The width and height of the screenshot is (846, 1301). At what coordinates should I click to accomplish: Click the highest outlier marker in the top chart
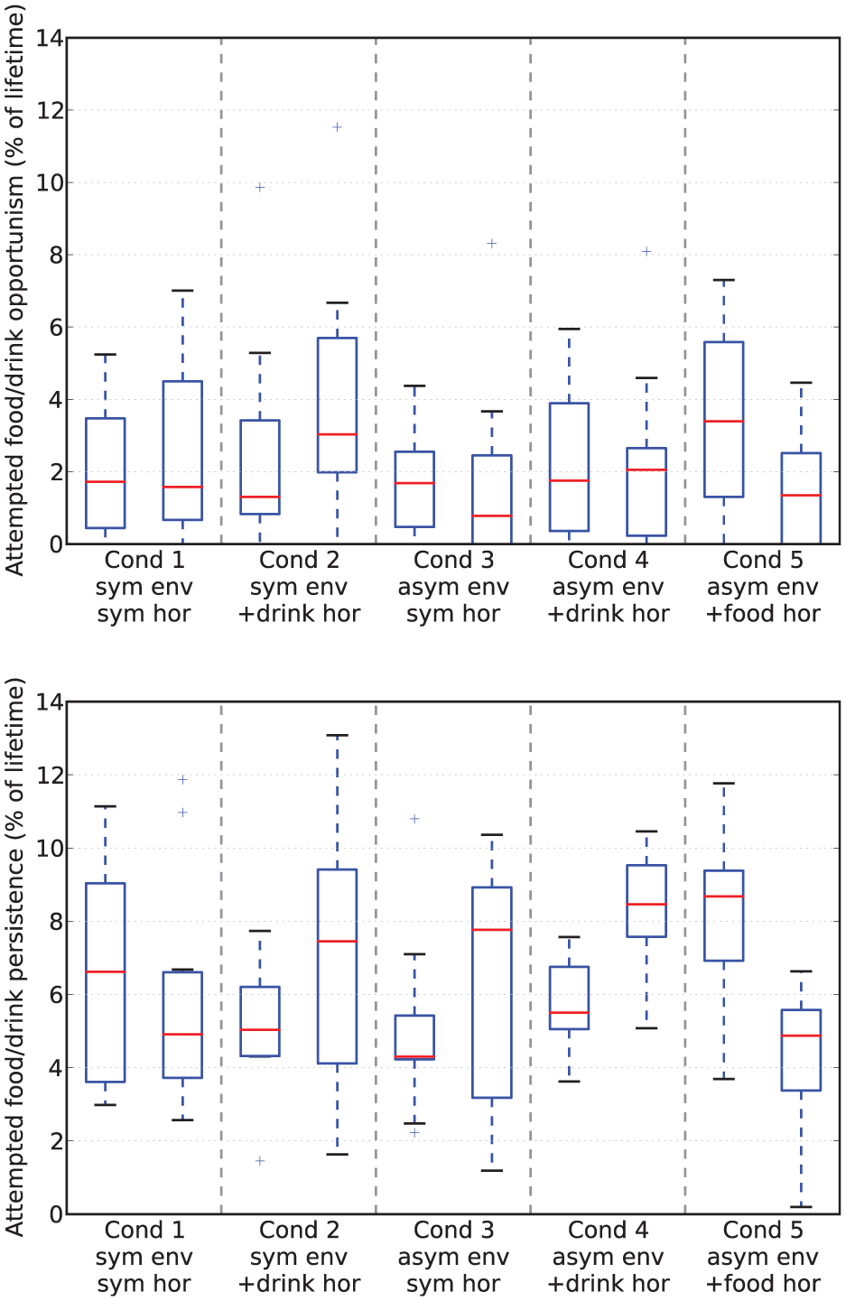click(337, 127)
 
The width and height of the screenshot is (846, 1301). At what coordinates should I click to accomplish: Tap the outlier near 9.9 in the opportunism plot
click(260, 187)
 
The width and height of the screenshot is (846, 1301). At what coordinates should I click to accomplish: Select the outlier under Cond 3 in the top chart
click(492, 244)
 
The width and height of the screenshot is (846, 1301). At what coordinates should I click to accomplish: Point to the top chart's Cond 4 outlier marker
click(646, 252)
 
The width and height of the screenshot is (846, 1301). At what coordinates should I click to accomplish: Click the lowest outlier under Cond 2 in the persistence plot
click(260, 1160)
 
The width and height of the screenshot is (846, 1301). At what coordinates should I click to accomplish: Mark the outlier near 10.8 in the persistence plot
click(414, 819)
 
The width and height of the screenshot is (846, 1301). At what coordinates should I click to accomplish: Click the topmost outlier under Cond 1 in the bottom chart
click(182, 779)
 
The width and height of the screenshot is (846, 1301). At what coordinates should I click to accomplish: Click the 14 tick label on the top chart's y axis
click(49, 38)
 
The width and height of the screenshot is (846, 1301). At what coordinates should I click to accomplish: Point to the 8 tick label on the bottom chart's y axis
click(55, 922)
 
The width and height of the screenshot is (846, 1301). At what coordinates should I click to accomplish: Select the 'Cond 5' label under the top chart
click(762, 560)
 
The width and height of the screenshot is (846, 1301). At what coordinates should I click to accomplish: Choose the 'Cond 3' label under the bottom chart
click(453, 1229)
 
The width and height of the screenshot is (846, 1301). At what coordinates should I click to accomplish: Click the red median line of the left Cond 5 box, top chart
click(723, 421)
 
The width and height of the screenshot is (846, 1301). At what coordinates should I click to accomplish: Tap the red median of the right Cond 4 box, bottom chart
click(646, 905)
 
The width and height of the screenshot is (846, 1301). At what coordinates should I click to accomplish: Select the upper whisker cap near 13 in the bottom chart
click(337, 735)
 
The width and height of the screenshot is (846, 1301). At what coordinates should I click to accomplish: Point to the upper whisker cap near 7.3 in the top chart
click(723, 280)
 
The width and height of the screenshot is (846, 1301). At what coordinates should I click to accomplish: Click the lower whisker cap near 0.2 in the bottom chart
click(801, 1207)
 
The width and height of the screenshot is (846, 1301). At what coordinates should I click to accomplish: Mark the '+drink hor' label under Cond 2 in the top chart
click(299, 614)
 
